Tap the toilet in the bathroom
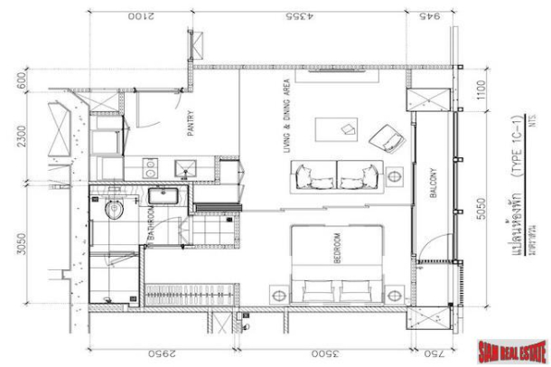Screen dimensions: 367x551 [x=113, y=210]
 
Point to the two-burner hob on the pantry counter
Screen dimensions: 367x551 [x=150, y=167]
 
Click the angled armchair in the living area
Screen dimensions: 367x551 [x=389, y=138]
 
